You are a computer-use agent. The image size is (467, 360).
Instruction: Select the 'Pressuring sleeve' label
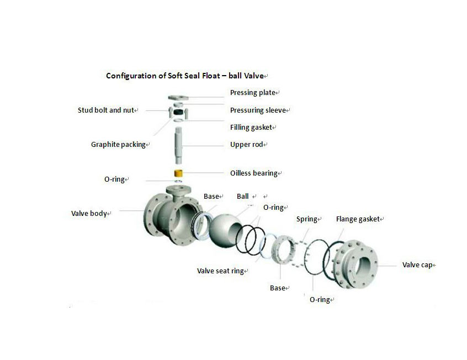tap(258, 110)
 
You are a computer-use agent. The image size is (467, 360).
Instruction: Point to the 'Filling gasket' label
tap(251, 128)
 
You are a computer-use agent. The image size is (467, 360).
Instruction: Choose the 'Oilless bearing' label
tap(254, 173)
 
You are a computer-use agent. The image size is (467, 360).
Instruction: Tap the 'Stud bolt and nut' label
tap(106, 110)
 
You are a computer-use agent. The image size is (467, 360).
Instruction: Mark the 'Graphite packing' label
tap(118, 145)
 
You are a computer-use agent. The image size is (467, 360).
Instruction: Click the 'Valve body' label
tap(89, 213)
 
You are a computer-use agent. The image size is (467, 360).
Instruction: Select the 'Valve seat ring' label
tap(221, 271)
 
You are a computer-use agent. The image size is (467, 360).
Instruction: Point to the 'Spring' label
tap(307, 219)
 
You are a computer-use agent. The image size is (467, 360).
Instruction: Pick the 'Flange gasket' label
tap(358, 219)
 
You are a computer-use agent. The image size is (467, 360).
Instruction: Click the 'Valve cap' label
tap(417, 265)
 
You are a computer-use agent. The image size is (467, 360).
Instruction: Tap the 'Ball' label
tap(243, 196)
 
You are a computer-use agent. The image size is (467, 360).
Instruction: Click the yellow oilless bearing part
tap(179, 174)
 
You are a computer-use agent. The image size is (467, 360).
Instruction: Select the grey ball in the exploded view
tap(227, 221)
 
